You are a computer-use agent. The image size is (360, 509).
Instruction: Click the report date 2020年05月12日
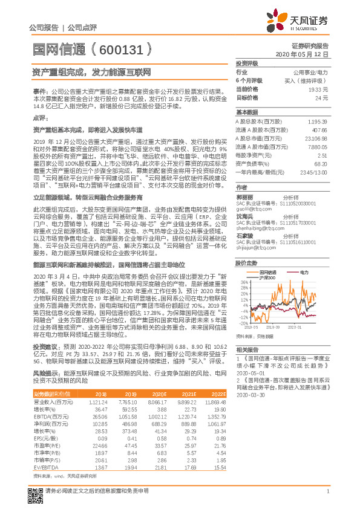point(301,54)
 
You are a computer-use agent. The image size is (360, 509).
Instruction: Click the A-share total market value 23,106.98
point(317,138)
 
